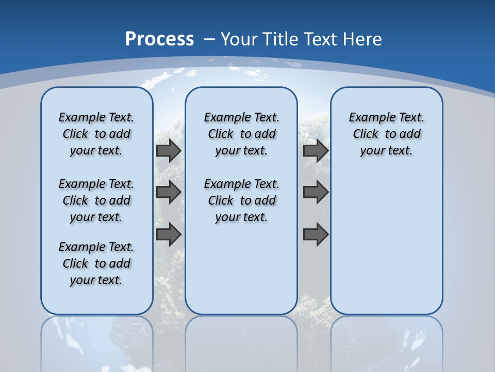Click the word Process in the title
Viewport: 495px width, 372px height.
click(x=159, y=39)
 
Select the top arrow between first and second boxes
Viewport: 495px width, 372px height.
click(x=169, y=150)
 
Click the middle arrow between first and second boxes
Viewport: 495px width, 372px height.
click(x=169, y=192)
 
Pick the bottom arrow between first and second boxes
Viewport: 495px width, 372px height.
click(x=169, y=234)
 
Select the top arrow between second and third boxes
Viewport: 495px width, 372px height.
click(x=316, y=150)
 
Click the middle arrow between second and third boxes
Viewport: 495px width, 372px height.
click(x=316, y=192)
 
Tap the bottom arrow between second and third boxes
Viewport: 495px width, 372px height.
click(x=316, y=234)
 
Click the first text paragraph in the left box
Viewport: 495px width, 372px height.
click(x=96, y=134)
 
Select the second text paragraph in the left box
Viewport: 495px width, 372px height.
click(x=96, y=200)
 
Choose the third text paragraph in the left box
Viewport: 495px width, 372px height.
click(x=96, y=263)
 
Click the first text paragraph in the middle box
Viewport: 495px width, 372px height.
click(x=241, y=134)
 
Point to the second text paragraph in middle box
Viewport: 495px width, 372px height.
click(x=241, y=200)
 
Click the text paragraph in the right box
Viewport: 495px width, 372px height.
click(x=386, y=134)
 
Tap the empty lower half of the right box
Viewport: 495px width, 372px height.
click(x=386, y=248)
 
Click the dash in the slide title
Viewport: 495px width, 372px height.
click(x=209, y=39)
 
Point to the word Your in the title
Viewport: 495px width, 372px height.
click(x=239, y=39)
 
